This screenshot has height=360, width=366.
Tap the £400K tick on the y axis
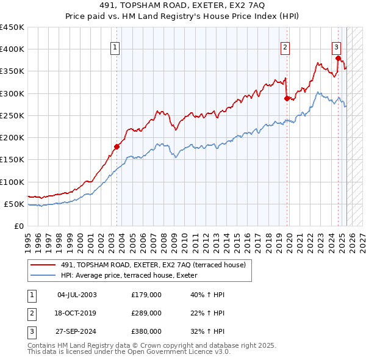pyautogui.click(x=12, y=49)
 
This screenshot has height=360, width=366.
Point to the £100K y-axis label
pyautogui.click(x=12, y=182)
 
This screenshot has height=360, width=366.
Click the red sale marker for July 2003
pyautogui.click(x=117, y=146)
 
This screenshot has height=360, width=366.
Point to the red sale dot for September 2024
pyautogui.click(x=338, y=58)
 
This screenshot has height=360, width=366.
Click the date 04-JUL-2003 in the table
pyautogui.click(x=77, y=295)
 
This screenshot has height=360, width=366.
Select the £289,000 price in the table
pyautogui.click(x=146, y=313)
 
